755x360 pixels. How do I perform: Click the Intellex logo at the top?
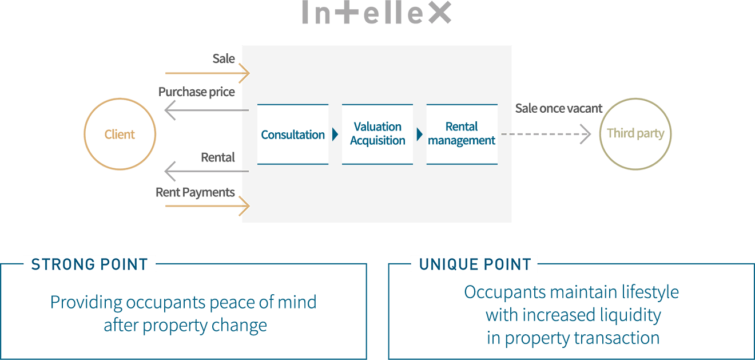377,13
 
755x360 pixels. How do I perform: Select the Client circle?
120,134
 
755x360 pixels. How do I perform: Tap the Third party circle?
635,134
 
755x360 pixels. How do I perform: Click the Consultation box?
293,134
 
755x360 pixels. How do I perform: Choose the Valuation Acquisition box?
378,134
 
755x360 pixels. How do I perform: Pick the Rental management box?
462,134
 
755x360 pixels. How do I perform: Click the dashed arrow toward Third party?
546,134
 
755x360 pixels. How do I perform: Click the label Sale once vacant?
559,108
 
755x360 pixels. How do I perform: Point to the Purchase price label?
196,92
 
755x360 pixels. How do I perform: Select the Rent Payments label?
195,192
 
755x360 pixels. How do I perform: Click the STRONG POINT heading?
90,264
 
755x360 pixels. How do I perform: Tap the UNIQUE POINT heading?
475,264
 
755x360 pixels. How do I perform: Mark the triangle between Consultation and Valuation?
335,135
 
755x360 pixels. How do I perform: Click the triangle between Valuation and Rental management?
420,135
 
